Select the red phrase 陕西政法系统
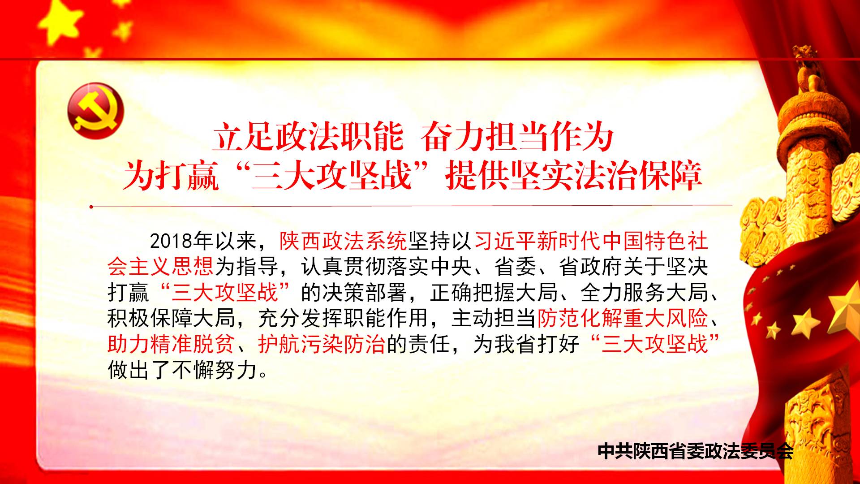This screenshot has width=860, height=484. coord(343,242)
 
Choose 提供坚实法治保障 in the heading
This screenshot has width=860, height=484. coord(573,175)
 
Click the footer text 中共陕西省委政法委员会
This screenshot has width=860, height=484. coord(696,451)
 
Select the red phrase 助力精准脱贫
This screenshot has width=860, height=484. coord(171,344)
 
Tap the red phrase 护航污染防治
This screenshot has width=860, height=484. coord(322,344)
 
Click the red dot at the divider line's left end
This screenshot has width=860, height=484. coord(91,207)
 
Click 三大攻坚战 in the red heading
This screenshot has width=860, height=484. coord(331,175)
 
